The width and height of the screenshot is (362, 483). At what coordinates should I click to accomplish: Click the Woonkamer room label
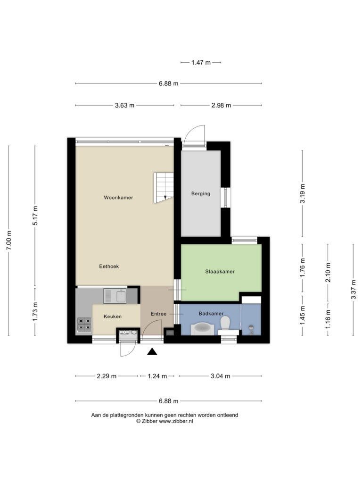118,198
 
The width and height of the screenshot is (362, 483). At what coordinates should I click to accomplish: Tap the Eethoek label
109,266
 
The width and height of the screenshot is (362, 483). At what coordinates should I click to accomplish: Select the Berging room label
201,194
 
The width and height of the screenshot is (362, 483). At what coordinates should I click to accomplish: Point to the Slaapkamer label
220,271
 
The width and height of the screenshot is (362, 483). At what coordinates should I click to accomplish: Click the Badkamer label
211,314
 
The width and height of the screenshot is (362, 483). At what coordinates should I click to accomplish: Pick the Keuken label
112,316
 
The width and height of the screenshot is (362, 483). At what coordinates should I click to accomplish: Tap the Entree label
158,314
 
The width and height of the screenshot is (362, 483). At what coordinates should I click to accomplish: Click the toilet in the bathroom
226,323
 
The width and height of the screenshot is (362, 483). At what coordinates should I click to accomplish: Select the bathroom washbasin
202,328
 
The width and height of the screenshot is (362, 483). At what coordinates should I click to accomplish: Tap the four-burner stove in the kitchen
84,325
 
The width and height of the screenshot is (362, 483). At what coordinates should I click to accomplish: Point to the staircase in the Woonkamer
164,188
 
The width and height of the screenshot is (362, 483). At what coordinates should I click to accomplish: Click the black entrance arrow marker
152,351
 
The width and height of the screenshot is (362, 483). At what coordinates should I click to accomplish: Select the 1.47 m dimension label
201,63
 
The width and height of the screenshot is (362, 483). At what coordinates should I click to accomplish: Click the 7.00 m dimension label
9,240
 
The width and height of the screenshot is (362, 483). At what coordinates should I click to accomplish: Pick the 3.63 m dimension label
124,105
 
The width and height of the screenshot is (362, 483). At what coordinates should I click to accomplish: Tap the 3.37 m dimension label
354,289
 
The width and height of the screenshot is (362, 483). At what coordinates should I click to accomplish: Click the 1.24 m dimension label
157,376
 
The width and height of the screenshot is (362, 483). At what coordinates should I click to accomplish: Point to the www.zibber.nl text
176,421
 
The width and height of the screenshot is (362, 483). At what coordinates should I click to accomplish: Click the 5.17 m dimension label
35,215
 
